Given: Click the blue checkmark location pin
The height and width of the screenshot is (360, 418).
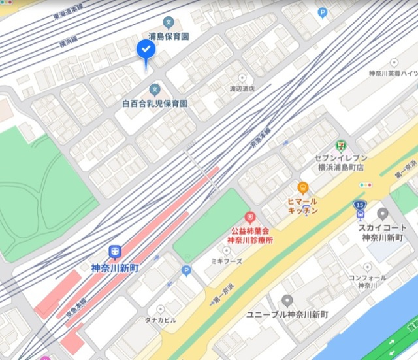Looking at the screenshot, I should (x=146, y=50).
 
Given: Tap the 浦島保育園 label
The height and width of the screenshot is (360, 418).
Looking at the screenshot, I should (x=169, y=37).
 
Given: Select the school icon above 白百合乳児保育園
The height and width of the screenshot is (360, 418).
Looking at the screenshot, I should (x=155, y=89).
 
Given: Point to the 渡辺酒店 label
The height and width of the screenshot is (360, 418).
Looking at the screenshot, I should (x=242, y=89).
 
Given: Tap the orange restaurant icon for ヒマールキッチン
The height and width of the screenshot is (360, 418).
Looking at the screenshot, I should (x=302, y=188).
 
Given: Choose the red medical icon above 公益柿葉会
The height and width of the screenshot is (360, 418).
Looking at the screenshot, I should (x=248, y=218).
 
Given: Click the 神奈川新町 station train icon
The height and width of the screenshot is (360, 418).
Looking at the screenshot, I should (x=115, y=252).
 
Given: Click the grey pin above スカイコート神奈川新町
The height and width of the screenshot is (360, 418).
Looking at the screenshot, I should (x=383, y=213).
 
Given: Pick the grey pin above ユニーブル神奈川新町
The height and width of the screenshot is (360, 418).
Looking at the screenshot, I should (x=287, y=301).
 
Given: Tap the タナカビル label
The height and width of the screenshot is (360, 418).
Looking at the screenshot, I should (x=160, y=320).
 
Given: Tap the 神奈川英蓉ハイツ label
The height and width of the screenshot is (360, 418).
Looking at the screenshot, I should (x=393, y=73).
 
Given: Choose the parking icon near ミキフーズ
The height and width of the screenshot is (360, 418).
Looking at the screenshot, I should (x=186, y=270).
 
